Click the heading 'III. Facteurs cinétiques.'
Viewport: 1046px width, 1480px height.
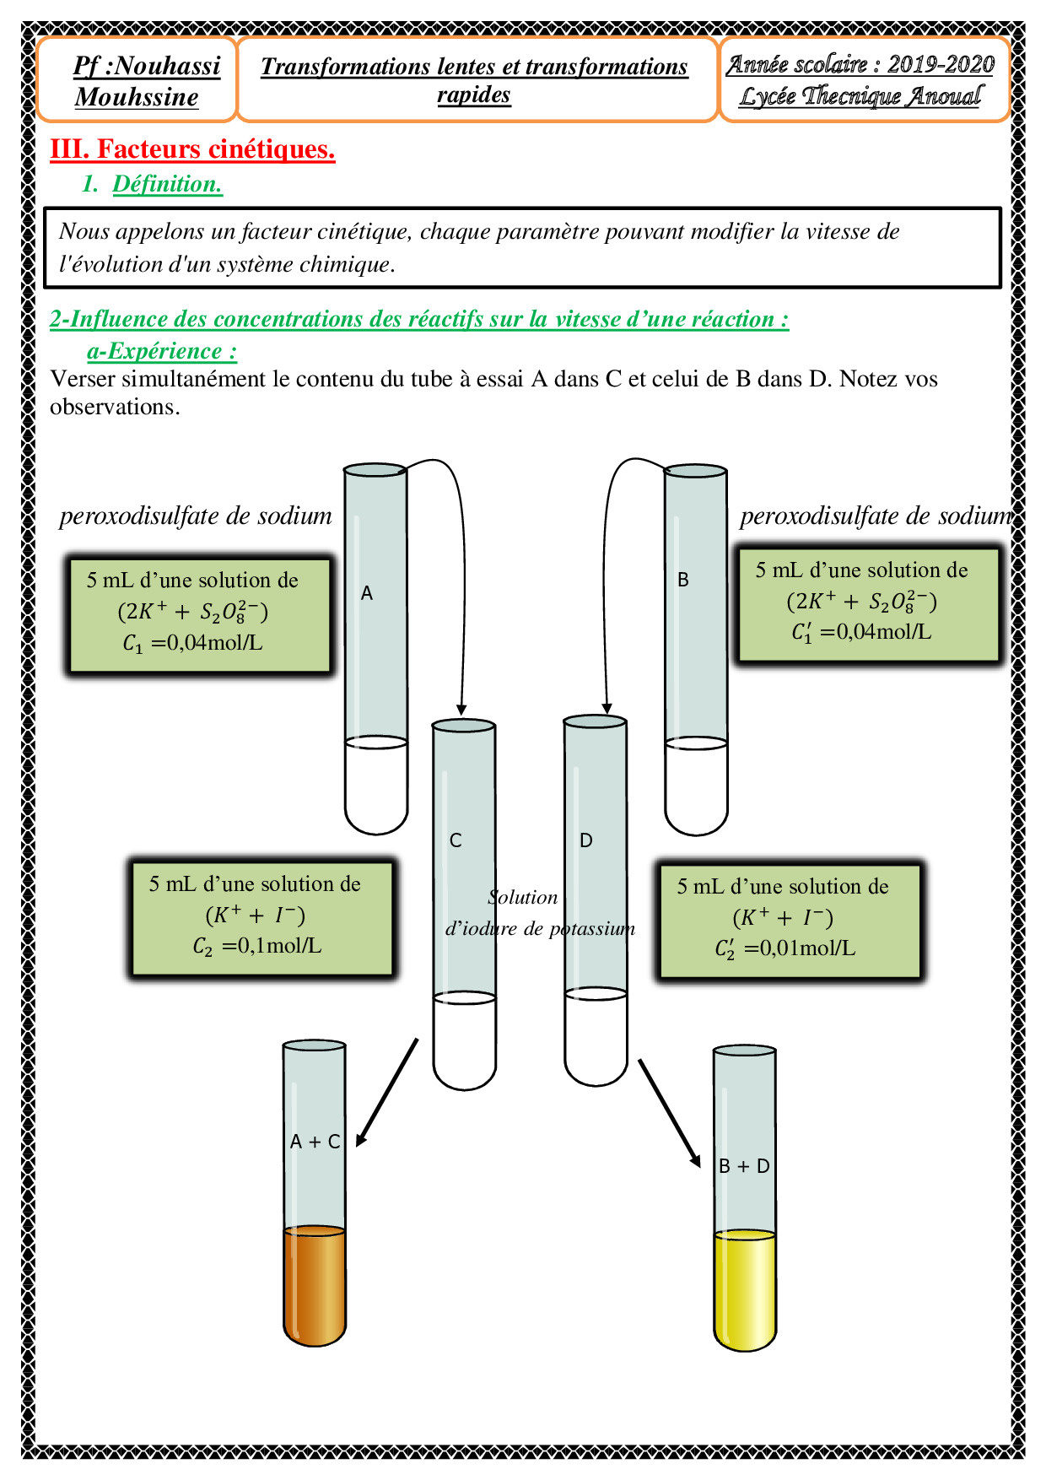pos(192,149)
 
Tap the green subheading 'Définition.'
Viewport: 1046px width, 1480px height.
pos(167,184)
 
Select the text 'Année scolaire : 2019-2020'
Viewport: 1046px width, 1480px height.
pos(860,64)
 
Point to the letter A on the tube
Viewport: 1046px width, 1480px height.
pos(367,593)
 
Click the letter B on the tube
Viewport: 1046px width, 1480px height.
pos(683,580)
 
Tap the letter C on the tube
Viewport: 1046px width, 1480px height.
pos(456,840)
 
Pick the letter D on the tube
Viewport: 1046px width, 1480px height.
pos(586,840)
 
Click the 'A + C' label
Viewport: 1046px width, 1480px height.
pos(315,1142)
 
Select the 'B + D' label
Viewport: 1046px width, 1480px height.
pos(744,1166)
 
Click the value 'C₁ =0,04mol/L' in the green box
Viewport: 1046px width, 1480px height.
pos(192,643)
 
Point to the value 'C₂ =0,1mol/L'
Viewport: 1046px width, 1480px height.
pos(256,946)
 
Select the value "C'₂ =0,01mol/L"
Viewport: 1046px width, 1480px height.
pos(784,948)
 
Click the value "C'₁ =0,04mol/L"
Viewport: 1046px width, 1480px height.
pos(861,632)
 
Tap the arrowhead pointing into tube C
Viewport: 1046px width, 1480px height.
pos(461,709)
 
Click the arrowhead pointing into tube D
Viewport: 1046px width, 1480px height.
pos(607,708)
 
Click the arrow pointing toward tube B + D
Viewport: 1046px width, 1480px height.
pos(670,1114)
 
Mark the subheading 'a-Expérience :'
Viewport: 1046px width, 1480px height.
pos(162,351)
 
